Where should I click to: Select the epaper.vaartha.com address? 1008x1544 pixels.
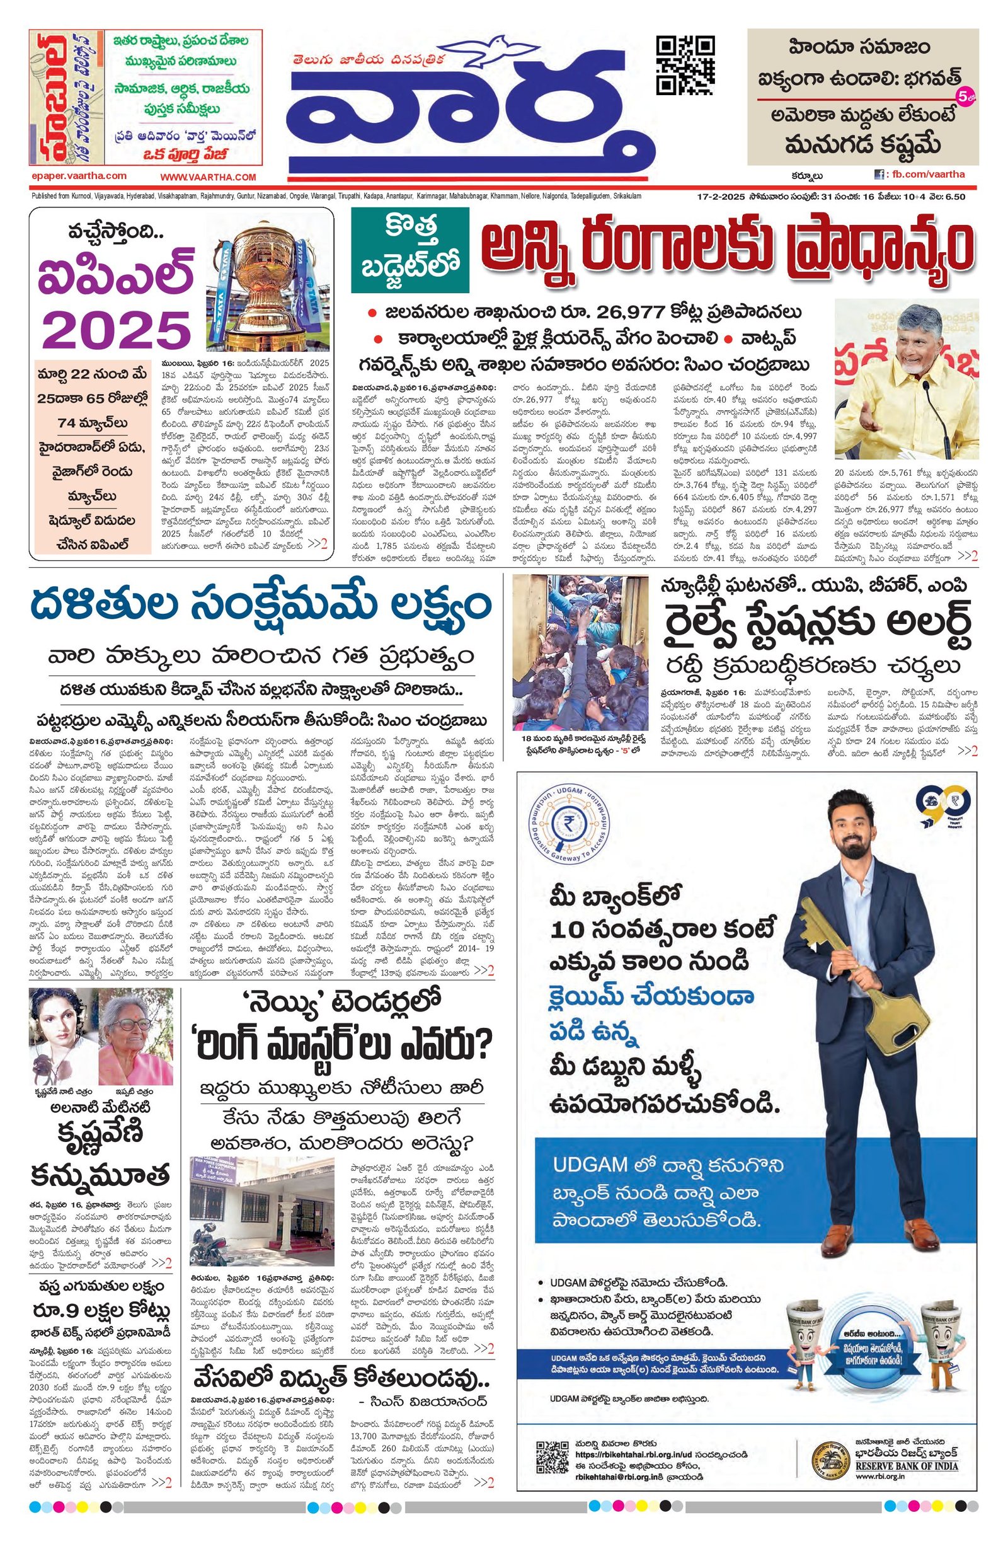[79, 176]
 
